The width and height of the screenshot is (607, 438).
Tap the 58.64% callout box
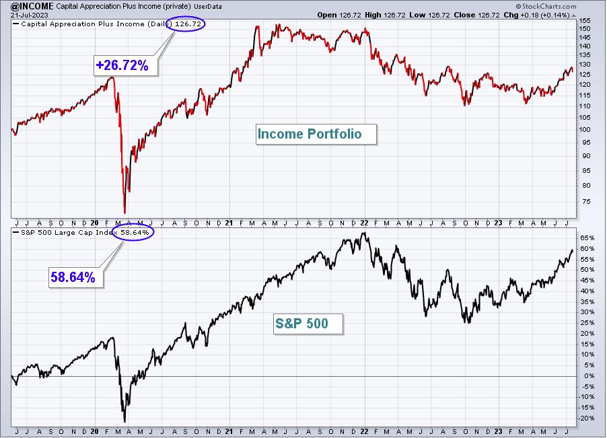pyautogui.click(x=75, y=277)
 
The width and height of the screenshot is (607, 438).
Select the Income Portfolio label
pyautogui.click(x=316, y=135)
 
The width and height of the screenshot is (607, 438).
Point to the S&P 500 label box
pyautogui.click(x=308, y=324)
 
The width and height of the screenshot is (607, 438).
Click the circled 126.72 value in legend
pyautogui.click(x=186, y=24)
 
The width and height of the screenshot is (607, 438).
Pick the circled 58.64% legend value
pyautogui.click(x=133, y=233)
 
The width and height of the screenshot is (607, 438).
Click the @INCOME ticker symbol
pyautogui.click(x=32, y=6)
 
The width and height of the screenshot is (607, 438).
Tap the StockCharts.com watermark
pyautogui.click(x=546, y=6)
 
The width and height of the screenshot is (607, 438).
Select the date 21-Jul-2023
pyautogui.click(x=30, y=15)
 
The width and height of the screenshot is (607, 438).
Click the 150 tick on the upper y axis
pyautogui.click(x=585, y=29)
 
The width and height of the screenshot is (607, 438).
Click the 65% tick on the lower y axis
pyautogui.click(x=587, y=238)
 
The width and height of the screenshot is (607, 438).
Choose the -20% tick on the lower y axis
pyautogui.click(x=586, y=418)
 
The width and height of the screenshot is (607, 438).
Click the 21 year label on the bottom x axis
pyautogui.click(x=229, y=431)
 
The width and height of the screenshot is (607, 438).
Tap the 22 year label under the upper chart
pyautogui.click(x=364, y=223)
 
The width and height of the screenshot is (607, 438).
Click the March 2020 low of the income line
pyautogui.click(x=124, y=213)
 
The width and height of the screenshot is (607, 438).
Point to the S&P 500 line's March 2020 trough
pyautogui.click(x=124, y=422)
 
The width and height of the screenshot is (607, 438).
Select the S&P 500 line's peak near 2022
pyautogui.click(x=363, y=233)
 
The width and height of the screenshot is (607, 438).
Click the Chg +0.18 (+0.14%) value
pyautogui.click(x=536, y=15)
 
